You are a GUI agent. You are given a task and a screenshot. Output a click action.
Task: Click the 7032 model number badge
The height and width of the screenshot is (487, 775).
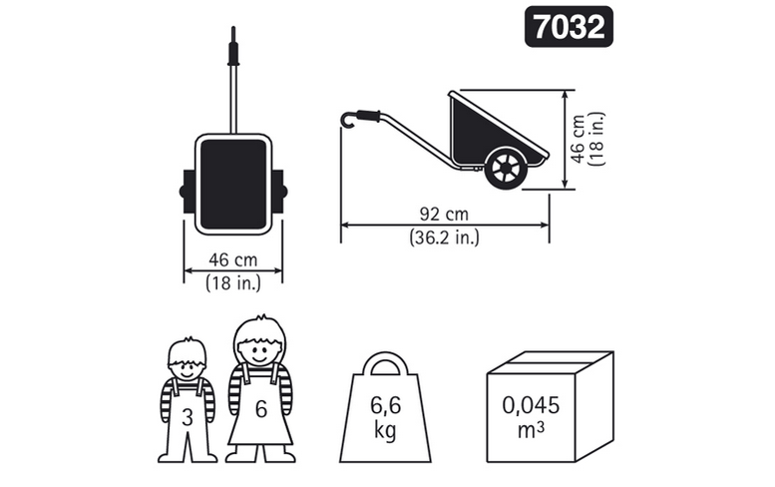tap(569, 27)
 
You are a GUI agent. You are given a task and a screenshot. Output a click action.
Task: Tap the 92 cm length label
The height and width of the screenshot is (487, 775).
tap(444, 215)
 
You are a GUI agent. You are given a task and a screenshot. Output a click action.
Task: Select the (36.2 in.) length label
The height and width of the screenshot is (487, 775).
tap(444, 238)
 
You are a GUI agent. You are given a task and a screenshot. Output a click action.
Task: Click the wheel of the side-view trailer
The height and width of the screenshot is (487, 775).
tap(506, 168)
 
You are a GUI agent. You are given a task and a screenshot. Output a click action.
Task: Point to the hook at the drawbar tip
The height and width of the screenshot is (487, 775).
tap(348, 120)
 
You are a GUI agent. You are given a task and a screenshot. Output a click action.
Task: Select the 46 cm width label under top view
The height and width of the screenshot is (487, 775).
tap(232, 259)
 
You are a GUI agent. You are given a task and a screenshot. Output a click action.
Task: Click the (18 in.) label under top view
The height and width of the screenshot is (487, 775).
tap(232, 282)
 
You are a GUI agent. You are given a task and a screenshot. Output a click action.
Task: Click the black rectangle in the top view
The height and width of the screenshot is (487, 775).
tap(233, 184)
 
